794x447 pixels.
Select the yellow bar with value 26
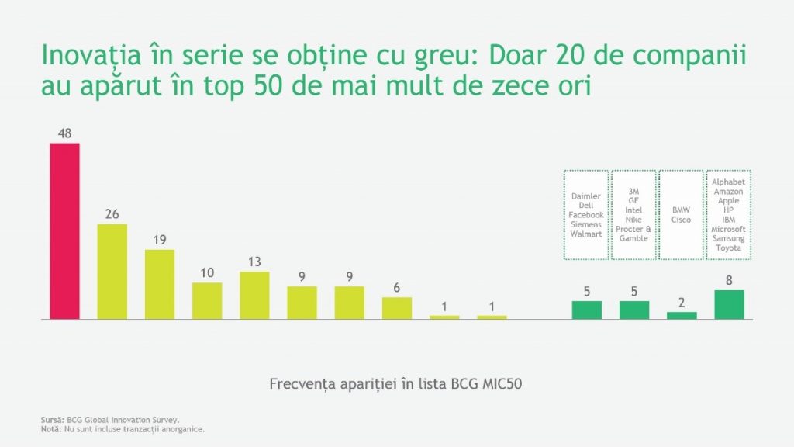point(112,272)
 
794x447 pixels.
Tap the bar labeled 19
point(160,284)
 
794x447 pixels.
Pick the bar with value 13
point(254,295)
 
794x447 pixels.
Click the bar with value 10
point(207,300)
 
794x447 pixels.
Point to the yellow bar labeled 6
point(397,307)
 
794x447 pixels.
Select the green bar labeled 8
point(729,304)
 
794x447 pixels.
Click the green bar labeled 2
point(682,315)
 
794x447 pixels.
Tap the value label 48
point(64,133)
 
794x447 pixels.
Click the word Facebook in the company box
point(586,215)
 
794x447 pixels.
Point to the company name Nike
point(633,220)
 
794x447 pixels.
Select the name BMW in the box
point(681,210)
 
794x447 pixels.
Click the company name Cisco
point(681,220)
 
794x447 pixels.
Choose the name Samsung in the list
point(729,238)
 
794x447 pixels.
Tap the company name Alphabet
point(729,182)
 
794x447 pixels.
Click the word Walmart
point(586,234)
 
